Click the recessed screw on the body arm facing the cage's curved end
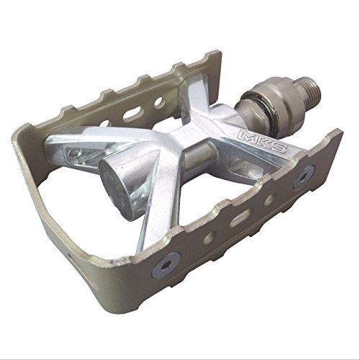74,154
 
